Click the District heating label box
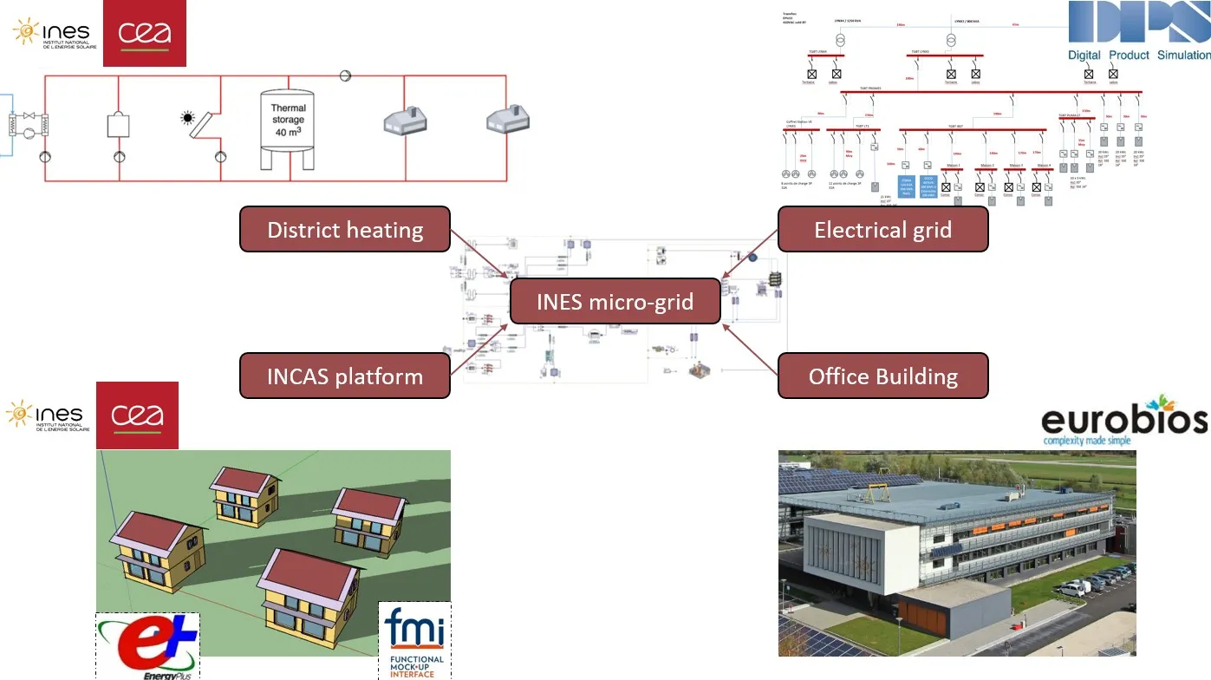click(344, 230)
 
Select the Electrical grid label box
click(882, 230)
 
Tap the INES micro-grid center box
click(615, 302)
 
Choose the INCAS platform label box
click(344, 376)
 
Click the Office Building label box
click(882, 376)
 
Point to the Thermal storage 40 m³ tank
click(288, 129)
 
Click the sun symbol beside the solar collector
click(187, 118)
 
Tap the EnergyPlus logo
click(148, 646)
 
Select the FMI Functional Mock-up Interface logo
click(414, 641)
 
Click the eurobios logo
click(1124, 421)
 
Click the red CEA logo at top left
click(144, 33)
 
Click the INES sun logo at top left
click(51, 33)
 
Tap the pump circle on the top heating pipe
click(345, 76)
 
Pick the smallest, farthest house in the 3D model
click(244, 493)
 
